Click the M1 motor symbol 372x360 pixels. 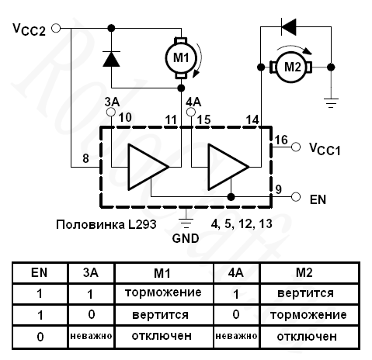(181, 58)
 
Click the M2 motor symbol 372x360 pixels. (292, 67)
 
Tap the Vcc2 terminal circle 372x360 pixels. (56, 28)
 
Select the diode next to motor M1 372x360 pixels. (111, 59)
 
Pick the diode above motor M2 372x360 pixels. (289, 26)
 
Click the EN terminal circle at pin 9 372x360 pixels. (296, 197)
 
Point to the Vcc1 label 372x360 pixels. (325, 149)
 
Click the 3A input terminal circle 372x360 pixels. (111, 112)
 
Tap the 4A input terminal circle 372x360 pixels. (191, 112)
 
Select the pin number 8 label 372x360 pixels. (85, 158)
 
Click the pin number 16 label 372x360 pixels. (281, 140)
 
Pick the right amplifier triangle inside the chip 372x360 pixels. (228, 167)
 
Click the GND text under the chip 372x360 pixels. (186, 238)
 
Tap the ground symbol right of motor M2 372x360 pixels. (331, 103)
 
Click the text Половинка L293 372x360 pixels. (106, 224)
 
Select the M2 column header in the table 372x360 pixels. (304, 272)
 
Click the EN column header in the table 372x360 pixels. (40, 272)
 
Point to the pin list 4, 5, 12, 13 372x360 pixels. (242, 224)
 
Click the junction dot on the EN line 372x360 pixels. (231, 197)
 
